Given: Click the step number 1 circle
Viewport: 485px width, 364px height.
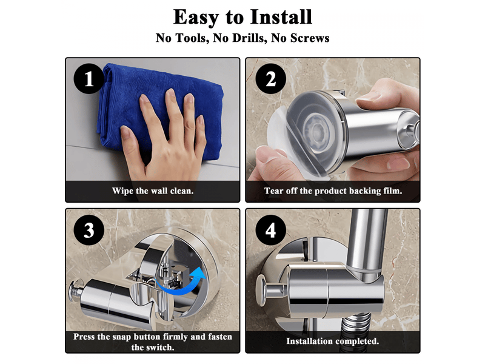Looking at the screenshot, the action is (x=89, y=79).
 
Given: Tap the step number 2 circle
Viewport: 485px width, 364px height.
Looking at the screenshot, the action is (x=270, y=79).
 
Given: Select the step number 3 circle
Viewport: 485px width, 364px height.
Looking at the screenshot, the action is (x=89, y=230).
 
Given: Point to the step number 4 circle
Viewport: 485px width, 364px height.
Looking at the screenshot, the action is (x=270, y=230).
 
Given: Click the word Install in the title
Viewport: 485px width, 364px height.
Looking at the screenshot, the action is (x=281, y=17).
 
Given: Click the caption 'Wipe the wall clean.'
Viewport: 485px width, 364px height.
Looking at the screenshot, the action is (x=153, y=190).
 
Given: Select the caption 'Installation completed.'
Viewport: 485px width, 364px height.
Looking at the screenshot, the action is (x=332, y=341).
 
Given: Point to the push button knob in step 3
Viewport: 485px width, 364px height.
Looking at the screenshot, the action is (x=73, y=292).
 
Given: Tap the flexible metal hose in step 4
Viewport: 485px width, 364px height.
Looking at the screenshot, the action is (x=356, y=325).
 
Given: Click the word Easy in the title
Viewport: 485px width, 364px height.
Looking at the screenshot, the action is (x=196, y=18).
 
